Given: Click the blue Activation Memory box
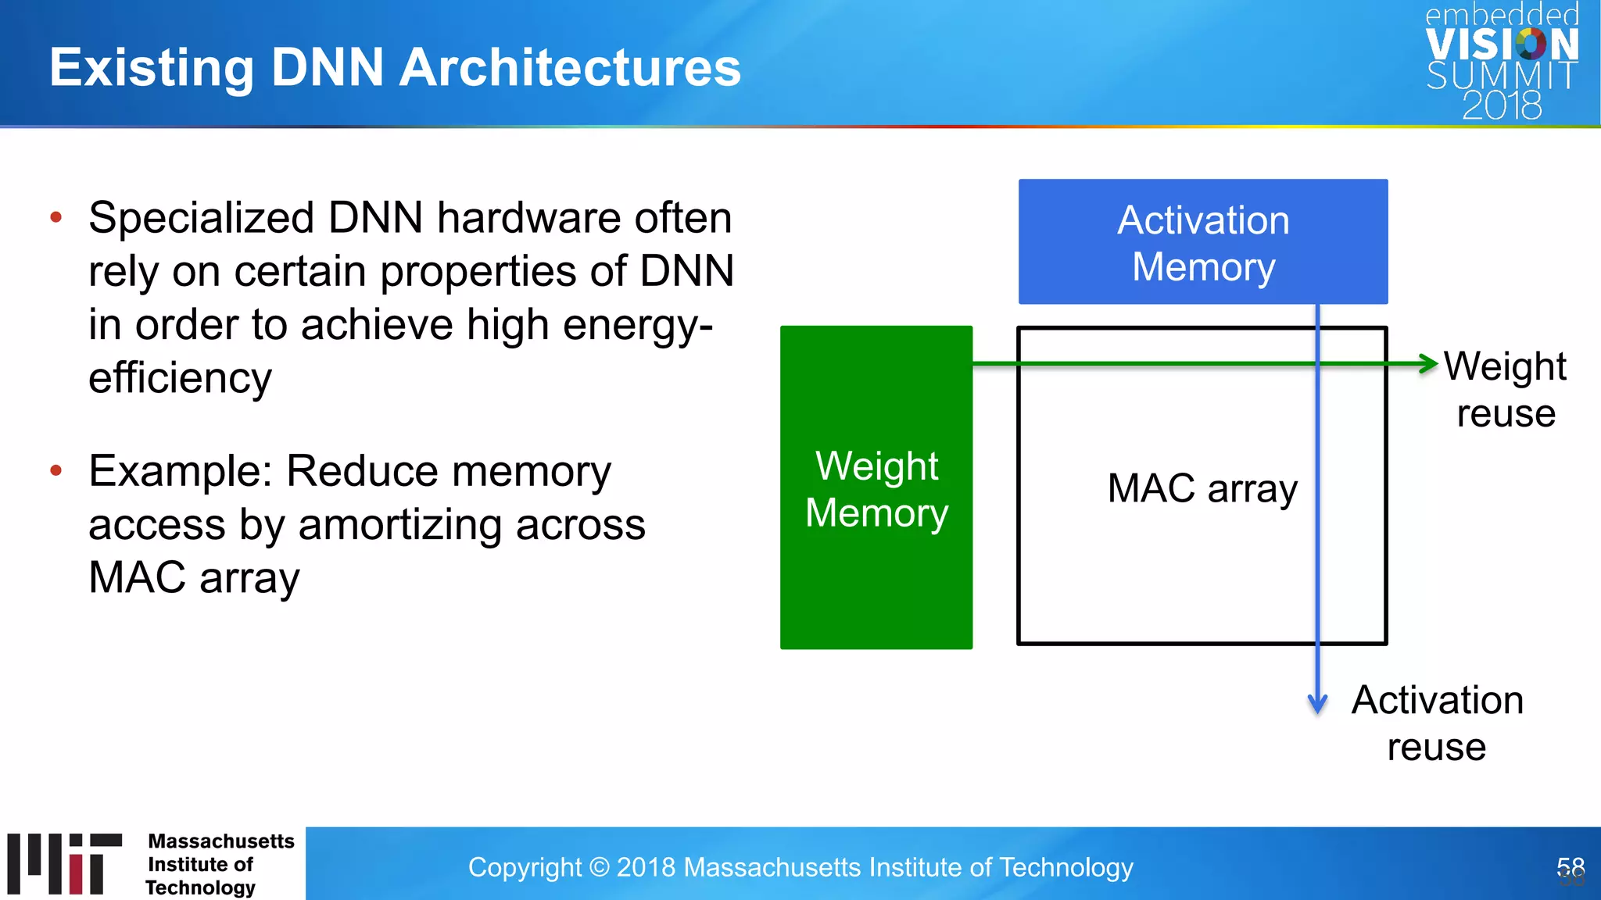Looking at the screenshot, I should pyautogui.click(x=1202, y=241).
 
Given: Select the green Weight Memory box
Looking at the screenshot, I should pyautogui.click(x=876, y=487).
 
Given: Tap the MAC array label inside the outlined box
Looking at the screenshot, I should pyautogui.click(x=1202, y=489).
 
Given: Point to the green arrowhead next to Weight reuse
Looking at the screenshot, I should pyautogui.click(x=1429, y=363).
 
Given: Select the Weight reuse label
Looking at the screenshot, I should pyautogui.click(x=1505, y=389).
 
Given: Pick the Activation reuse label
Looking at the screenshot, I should pyautogui.click(x=1437, y=723).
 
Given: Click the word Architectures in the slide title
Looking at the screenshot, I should pyautogui.click(x=570, y=68).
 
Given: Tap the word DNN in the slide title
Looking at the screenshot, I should pyautogui.click(x=328, y=68).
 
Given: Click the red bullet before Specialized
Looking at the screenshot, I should pyautogui.click(x=56, y=217).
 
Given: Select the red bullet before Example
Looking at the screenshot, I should pyautogui.click(x=56, y=470).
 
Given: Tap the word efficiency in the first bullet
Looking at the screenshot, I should pyautogui.click(x=180, y=378).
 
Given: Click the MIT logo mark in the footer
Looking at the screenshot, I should pyautogui.click(x=65, y=863).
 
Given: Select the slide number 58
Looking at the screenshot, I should pyautogui.click(x=1570, y=868).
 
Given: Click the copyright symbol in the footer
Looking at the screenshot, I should pyautogui.click(x=599, y=867).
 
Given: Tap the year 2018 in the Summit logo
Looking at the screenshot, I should pyautogui.click(x=1502, y=105).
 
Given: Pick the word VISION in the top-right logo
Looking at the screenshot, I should pyautogui.click(x=1502, y=45).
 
